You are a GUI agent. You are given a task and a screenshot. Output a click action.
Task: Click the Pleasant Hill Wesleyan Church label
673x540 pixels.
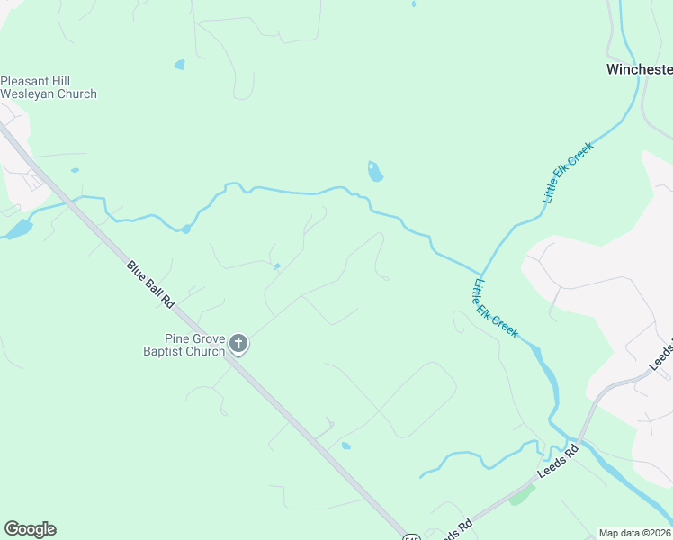pos(48,87)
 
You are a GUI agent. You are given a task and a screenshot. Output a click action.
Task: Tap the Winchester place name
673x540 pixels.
pos(639,69)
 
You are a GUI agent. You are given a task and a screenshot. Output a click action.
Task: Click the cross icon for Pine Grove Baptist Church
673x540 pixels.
pos(238,343)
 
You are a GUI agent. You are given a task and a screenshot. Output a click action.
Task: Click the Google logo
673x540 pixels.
pos(30,529)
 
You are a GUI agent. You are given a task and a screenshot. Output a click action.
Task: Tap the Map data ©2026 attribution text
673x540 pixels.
pos(635,533)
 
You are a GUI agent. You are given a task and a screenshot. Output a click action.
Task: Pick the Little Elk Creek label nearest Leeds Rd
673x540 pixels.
pos(495,308)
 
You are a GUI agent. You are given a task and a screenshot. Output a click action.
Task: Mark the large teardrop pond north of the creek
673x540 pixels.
pos(375,171)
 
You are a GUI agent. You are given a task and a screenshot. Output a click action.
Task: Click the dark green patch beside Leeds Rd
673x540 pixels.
pos(523,494)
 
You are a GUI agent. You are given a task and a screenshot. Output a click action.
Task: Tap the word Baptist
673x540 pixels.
pos(164,352)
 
